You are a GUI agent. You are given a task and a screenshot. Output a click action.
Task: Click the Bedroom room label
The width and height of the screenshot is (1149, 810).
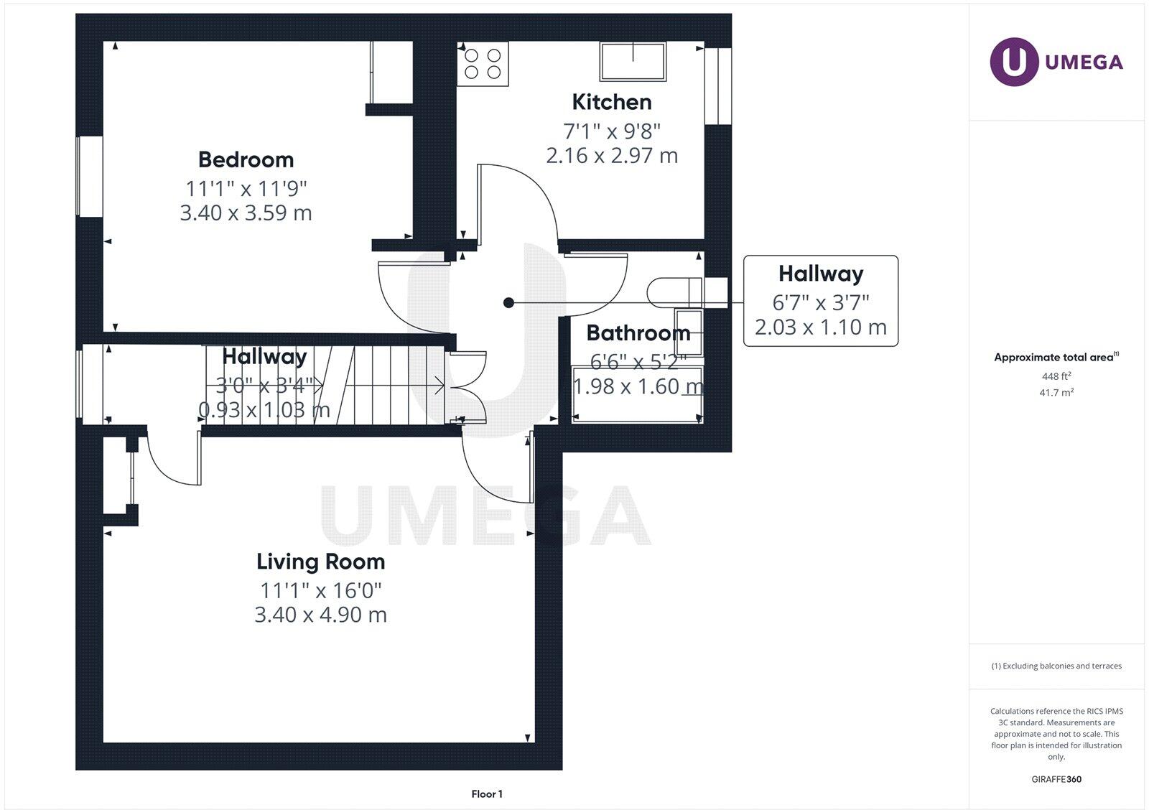coord(246,159)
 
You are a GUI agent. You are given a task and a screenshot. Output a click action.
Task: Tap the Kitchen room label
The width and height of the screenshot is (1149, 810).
coord(612,102)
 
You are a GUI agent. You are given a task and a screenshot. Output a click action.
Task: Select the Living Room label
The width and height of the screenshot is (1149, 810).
coord(320,562)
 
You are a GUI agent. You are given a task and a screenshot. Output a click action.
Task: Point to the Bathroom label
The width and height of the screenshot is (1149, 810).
coord(638,333)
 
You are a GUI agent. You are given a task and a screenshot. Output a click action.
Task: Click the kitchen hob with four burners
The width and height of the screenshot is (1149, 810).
coord(483,63)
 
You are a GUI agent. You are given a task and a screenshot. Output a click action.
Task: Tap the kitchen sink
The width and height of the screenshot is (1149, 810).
coord(633,61)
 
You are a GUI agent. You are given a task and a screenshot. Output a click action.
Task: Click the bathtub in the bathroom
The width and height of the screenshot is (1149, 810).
coord(636,394)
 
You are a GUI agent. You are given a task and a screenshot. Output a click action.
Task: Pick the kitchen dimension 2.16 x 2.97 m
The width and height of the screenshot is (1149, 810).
coord(612,156)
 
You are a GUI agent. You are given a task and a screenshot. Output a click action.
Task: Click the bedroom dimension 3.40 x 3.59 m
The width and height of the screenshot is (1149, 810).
coord(246,213)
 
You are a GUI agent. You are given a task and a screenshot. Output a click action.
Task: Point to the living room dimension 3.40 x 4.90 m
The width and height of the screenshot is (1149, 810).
coord(320,615)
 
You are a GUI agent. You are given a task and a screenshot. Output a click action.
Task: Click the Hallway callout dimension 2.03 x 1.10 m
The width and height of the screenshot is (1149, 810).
coord(820,327)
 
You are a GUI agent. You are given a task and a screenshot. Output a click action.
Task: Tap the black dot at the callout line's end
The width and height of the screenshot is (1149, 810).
coord(508,303)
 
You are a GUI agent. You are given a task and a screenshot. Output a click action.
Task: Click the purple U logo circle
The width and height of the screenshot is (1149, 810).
coord(1014,62)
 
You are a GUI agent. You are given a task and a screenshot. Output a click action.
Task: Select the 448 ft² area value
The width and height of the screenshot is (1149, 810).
coord(1056,376)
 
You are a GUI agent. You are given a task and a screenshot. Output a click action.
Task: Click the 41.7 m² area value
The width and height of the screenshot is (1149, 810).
coord(1056,393)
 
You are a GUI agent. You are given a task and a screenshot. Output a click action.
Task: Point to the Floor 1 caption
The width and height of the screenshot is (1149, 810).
coord(487,794)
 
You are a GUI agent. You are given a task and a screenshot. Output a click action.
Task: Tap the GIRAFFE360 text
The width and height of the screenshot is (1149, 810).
coord(1056,779)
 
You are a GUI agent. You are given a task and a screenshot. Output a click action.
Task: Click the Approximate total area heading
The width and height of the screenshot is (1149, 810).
coord(1054,357)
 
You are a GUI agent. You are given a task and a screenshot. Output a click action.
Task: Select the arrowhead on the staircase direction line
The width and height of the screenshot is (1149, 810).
coord(441,386)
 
